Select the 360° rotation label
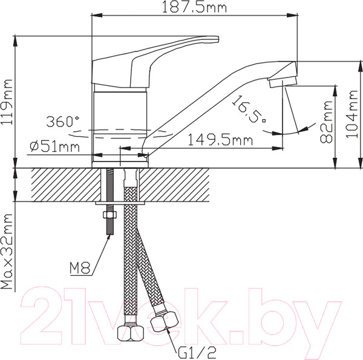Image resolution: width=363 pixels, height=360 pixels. (x=62, y=120)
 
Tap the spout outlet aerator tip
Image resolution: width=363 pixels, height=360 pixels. (x=284, y=79)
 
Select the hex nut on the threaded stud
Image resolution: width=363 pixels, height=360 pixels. (x=111, y=216)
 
